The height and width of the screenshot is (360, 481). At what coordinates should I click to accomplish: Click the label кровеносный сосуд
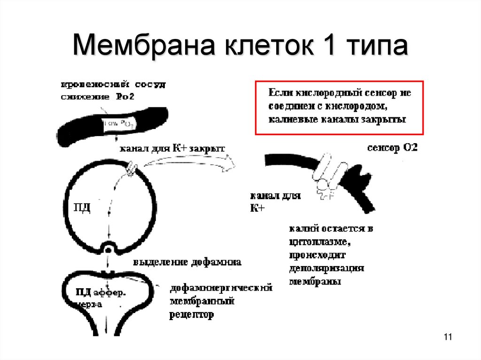tap(113, 85)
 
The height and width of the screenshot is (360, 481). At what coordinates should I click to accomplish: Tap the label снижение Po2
tap(92, 97)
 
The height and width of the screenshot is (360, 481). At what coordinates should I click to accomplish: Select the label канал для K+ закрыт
tap(172, 149)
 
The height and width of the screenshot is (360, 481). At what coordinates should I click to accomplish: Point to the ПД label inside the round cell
tap(82, 207)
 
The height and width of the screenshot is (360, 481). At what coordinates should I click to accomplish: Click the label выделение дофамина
tap(187, 262)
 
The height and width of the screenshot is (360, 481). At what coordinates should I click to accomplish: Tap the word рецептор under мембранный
tap(191, 314)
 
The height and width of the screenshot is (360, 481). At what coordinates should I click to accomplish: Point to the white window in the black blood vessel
tap(119, 124)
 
